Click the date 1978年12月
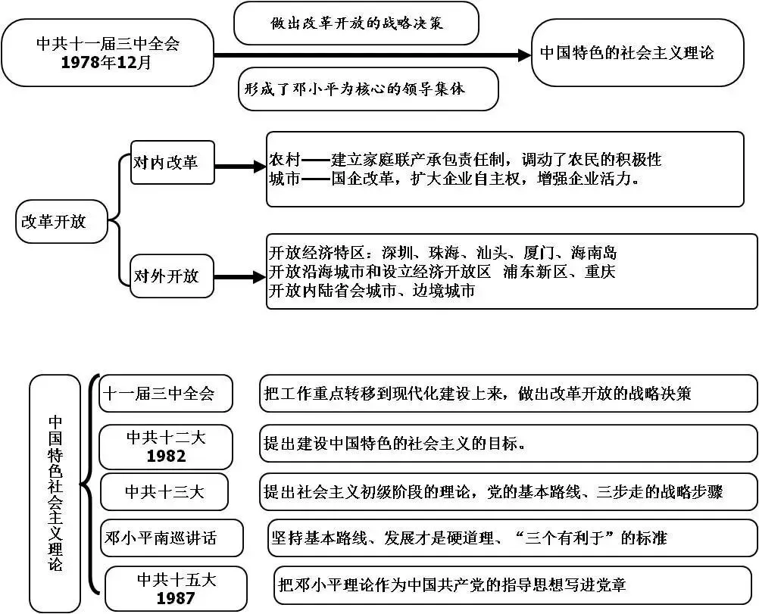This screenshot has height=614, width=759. tap(107, 63)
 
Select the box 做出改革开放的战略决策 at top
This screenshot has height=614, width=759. tap(357, 23)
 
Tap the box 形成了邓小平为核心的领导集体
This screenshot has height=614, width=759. tap(368, 89)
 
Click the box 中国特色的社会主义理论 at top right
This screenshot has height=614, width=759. tap(637, 53)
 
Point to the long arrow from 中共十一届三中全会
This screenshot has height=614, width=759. tap(371, 55)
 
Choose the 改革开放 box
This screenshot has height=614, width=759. tap(62, 221)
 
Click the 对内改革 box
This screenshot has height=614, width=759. tap(172, 162)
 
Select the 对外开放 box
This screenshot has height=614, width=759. tap(172, 276)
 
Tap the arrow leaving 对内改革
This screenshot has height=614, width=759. tap(239, 166)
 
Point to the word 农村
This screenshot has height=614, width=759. tap(285, 160)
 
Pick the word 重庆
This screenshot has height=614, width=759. tap(600, 272)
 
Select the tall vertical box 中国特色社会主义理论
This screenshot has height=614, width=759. tap(55, 493)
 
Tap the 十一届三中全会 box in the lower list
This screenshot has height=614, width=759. tap(166, 394)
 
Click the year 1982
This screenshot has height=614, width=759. tap(166, 456)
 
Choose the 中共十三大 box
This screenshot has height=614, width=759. tap(166, 492)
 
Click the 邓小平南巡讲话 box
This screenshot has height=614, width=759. tap(172, 538)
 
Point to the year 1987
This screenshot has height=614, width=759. tap(176, 598)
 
